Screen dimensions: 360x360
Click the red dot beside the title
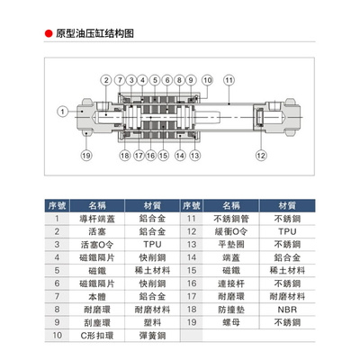coord(49,33)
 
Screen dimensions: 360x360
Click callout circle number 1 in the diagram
coord(62,112)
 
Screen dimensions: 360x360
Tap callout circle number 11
coord(229,80)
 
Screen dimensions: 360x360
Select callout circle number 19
coord(86,156)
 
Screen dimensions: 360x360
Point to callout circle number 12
coord(261,156)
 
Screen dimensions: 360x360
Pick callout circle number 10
coord(207,80)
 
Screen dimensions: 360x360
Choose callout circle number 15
coord(163,156)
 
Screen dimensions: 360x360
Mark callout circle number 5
coord(155,80)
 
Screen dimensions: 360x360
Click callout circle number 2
coord(106,80)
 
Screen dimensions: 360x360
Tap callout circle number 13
coord(195,156)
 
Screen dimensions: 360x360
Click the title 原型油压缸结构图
coord(94,33)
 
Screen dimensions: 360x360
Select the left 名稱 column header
coord(97,206)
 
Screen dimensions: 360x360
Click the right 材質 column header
coord(287,206)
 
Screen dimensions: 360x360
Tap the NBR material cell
coord(287,310)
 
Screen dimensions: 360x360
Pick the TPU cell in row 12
coord(287,231)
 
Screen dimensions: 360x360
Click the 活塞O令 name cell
coord(97,245)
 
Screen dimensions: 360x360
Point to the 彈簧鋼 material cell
coord(152,336)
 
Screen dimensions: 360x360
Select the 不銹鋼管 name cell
coord(231,219)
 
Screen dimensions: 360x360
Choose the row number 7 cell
coord(57,296)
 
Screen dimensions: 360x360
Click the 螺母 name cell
coord(231,322)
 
